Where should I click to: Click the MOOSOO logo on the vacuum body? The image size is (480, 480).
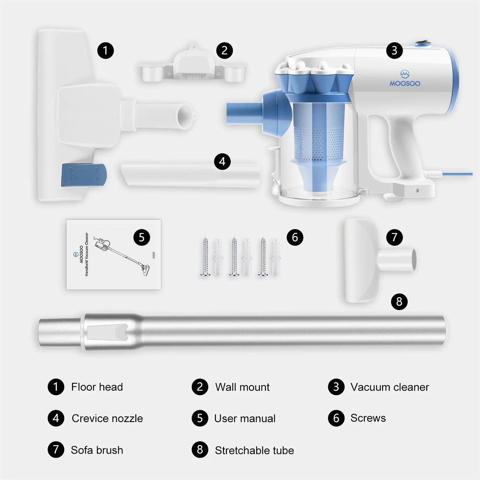click(x=405, y=79)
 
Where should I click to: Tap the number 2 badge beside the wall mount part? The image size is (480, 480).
click(x=224, y=51)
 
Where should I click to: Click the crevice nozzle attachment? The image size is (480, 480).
click(x=190, y=174)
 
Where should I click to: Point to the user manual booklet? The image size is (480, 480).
click(x=114, y=254)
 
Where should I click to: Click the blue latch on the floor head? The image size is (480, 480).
click(x=84, y=175)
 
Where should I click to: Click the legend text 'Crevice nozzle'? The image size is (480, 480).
click(x=108, y=418)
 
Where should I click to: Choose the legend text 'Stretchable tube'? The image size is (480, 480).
click(x=254, y=450)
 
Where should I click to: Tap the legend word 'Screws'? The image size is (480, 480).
click(x=368, y=418)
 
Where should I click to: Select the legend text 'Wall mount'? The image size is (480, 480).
click(x=242, y=387)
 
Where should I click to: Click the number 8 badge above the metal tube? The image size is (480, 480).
click(x=399, y=301)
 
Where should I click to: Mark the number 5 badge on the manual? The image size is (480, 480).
click(x=142, y=237)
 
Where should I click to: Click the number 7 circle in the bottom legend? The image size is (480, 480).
click(x=56, y=450)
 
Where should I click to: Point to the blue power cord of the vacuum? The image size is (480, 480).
click(x=457, y=174)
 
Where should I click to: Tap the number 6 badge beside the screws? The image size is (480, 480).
click(x=295, y=237)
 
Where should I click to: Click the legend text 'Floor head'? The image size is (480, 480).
click(x=97, y=387)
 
